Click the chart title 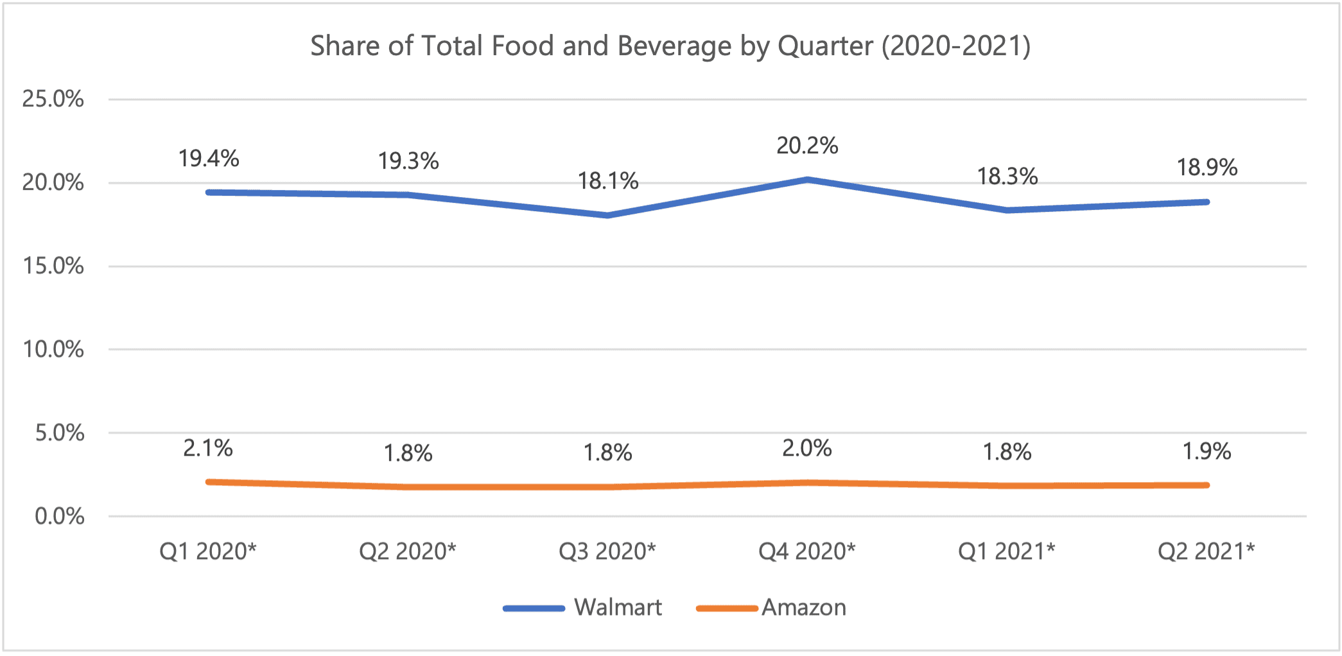click(670, 46)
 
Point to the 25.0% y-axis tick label click(53, 99)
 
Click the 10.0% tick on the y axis click(53, 349)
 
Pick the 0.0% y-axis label click(60, 516)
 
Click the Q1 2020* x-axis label click(208, 551)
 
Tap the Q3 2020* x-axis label click(607, 551)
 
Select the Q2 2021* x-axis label click(1206, 551)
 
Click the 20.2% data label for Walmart click(807, 146)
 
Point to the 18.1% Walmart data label click(608, 181)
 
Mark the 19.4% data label click(209, 158)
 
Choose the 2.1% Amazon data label click(208, 448)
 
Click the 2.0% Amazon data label click(807, 448)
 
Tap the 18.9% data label click(1207, 168)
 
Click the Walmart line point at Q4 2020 click(807, 180)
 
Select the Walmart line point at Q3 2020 click(608, 215)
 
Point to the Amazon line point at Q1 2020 click(209, 481)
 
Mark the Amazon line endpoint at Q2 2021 click(1207, 485)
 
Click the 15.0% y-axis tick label click(53, 266)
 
